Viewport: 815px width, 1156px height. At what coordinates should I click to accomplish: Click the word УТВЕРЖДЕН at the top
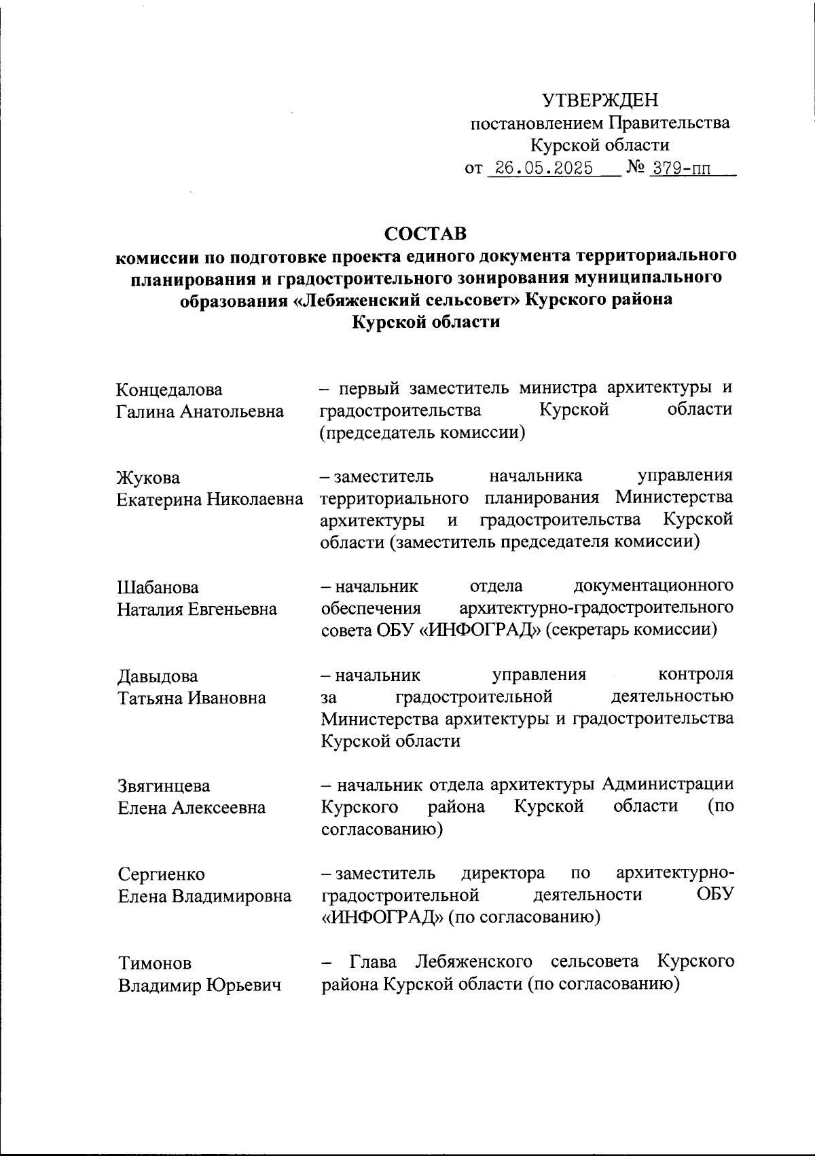pos(600,101)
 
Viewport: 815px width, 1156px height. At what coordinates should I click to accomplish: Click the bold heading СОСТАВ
pos(426,234)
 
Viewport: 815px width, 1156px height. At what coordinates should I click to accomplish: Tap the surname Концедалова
pos(170,390)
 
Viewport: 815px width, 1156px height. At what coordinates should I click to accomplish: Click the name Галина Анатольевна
pos(200,411)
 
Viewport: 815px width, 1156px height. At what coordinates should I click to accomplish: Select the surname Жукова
pos(149,478)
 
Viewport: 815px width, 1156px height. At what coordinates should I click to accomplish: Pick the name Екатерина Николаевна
pos(210,500)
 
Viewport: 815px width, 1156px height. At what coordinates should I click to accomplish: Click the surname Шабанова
pos(158,587)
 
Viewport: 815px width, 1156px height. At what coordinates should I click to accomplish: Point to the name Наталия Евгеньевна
pos(197,609)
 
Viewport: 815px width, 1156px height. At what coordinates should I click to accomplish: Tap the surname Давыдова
pos(158,676)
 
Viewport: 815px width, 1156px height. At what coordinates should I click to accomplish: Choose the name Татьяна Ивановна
pos(192,698)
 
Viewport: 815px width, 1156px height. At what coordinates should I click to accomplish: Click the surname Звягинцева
pos(164,786)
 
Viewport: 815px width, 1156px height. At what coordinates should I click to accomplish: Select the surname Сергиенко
pos(162,874)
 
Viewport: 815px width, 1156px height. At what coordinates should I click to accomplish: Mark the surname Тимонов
pos(155,963)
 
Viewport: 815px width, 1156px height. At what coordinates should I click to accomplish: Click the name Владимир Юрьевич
pos(200,985)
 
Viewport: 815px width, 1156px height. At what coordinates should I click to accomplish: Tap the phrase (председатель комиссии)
pos(422,432)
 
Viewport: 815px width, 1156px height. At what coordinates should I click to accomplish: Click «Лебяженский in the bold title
pos(358,299)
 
